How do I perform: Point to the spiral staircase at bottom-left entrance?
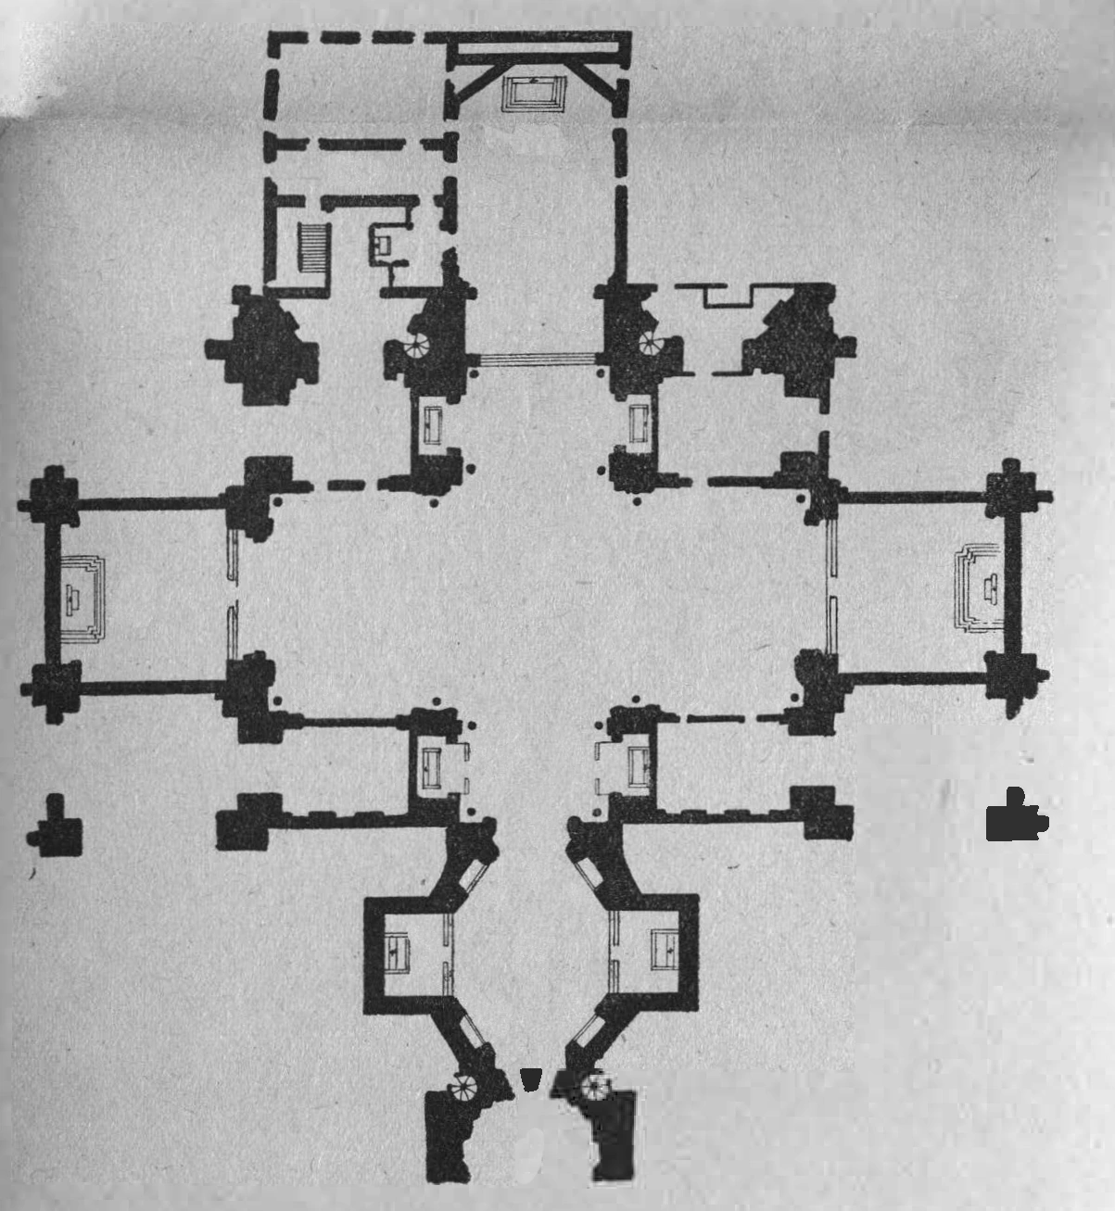[463, 1086]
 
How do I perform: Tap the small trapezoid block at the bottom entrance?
[530, 1079]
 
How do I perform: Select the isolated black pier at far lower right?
[1016, 817]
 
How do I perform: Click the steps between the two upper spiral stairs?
[536, 360]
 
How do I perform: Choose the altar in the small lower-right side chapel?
[638, 765]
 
